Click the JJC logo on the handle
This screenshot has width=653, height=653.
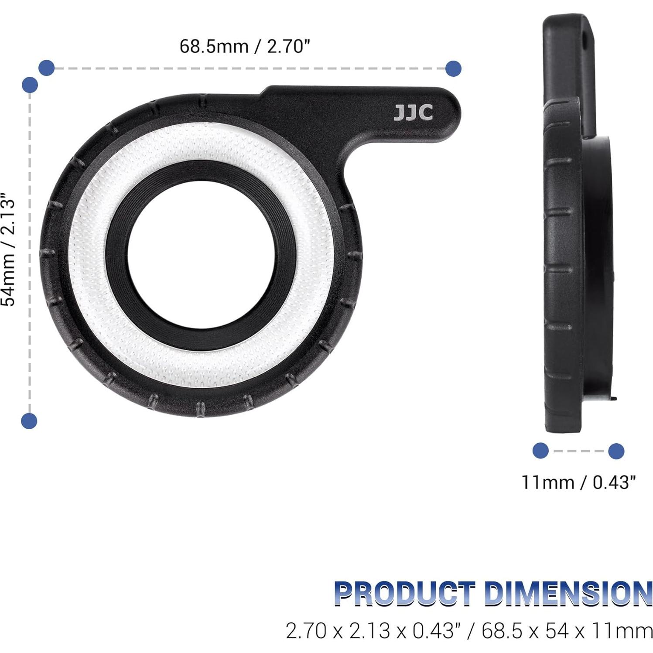coord(413,113)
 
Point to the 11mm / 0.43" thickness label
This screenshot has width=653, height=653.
coord(578,482)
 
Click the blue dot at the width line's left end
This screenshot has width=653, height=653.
coord(47,68)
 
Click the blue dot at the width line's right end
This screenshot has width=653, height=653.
coord(454,68)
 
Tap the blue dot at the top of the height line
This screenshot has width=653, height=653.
coord(30,85)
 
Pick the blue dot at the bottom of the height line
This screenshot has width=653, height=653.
coord(29,421)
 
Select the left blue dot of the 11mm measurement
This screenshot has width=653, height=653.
coord(541,451)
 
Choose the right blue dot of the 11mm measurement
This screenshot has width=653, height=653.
coord(616,451)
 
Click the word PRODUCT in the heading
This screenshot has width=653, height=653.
coord(404,594)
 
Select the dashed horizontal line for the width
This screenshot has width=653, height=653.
coord(249,68)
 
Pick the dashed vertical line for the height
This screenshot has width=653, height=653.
coord(29,253)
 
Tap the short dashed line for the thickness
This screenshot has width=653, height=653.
coord(578,451)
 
